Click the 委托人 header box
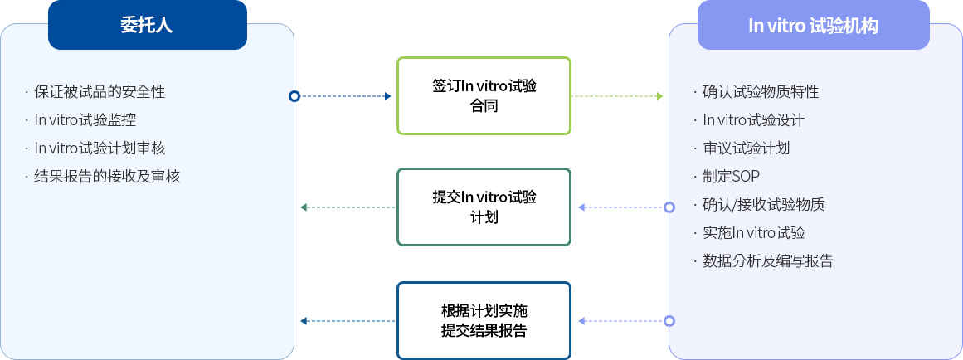[148, 25]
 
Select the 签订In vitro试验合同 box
[484, 95]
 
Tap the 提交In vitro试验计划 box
[484, 207]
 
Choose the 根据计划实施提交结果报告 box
[484, 321]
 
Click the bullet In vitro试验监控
[85, 119]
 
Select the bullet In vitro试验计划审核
[100, 148]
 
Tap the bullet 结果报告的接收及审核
[107, 176]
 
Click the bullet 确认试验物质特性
[761, 91]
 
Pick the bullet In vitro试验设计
[753, 119]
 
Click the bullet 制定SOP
[731, 176]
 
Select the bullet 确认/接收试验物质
[763, 204]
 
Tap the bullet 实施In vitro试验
[753, 232]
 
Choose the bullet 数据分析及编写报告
[767, 260]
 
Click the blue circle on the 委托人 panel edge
[294, 96]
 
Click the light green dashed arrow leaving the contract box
[618, 96]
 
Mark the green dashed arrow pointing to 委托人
[347, 207]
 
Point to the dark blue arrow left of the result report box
[347, 321]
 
